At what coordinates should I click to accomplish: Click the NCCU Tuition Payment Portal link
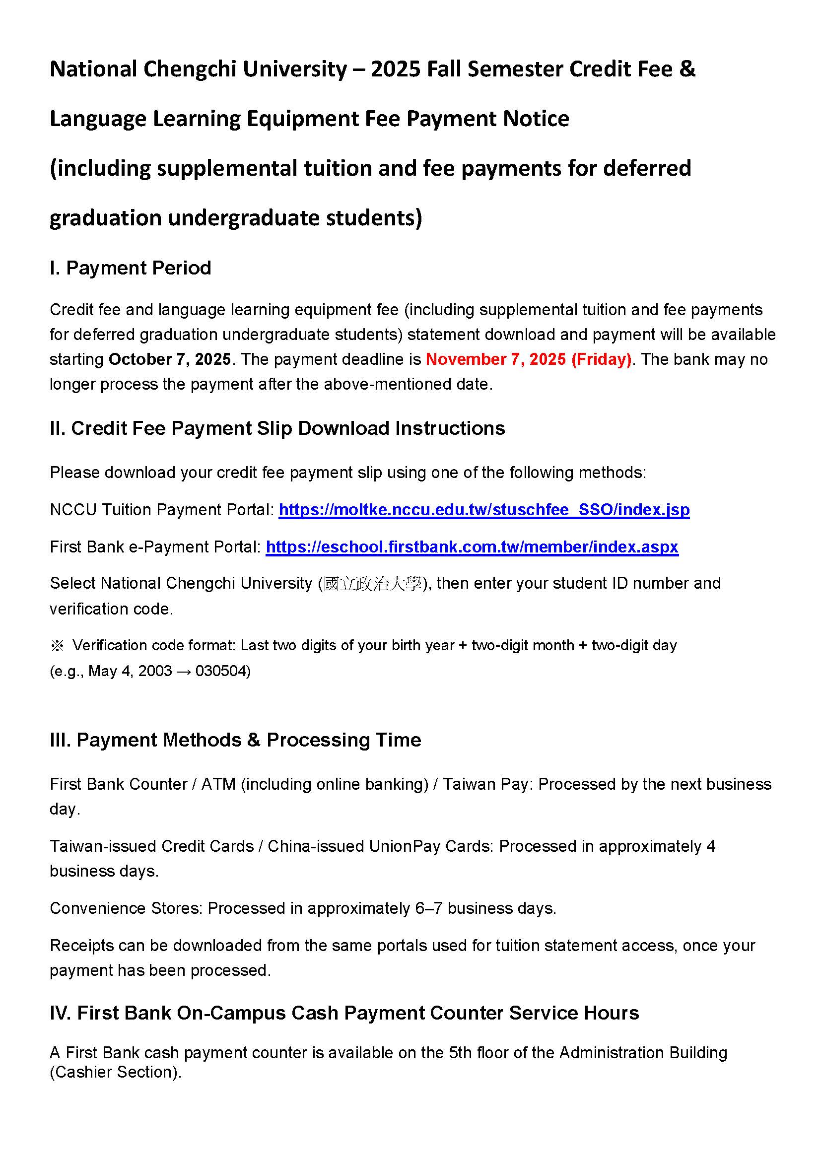coord(484,509)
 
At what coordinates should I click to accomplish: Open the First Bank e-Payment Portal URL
coord(472,546)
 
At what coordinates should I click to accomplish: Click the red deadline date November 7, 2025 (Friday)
coord(528,359)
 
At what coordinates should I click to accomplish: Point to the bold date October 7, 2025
coord(169,359)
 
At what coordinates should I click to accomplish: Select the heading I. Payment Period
coord(131,268)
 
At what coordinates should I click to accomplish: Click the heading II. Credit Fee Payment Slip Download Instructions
coord(277,428)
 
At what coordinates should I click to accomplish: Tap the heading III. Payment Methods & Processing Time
coord(235,740)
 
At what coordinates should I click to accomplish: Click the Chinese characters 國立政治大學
coord(373,584)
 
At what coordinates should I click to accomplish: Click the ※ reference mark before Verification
coord(57,646)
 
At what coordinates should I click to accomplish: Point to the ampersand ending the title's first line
coord(687,69)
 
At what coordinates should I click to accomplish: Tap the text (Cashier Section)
coord(115,1072)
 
